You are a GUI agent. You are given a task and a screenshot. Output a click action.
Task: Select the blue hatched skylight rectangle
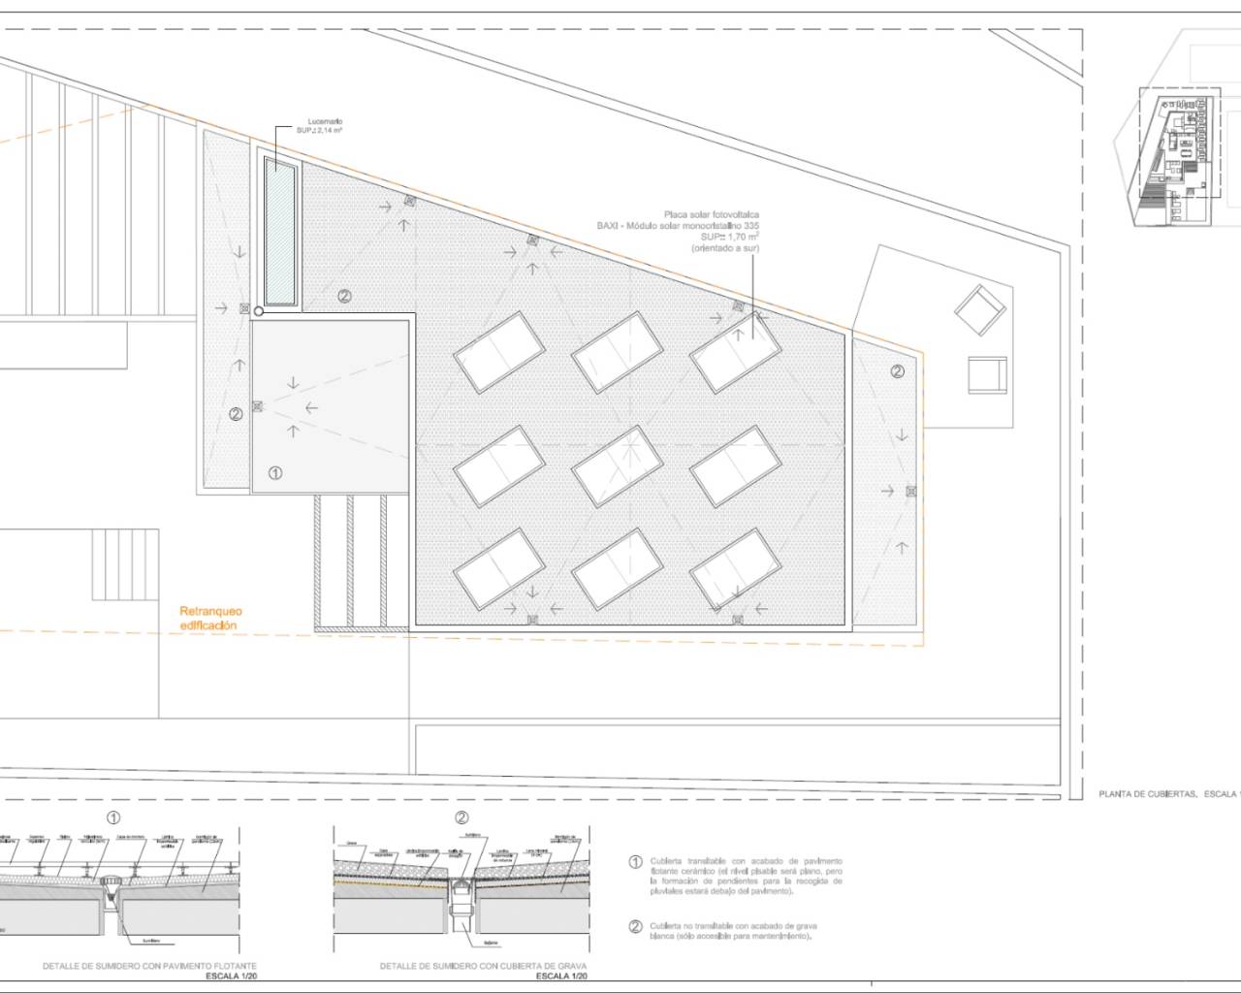coord(280,231)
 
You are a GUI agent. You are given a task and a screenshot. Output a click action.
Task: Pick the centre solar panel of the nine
coord(617,467)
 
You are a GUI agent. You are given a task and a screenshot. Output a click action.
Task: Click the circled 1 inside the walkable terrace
coord(275,473)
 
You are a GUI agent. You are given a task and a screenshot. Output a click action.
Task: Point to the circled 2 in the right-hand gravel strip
coord(897,370)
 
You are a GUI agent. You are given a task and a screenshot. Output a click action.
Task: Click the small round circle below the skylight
coord(258,311)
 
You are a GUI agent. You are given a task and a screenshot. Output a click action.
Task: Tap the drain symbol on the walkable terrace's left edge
coord(257,408)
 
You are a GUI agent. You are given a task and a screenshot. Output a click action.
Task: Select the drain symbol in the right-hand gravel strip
coord(910,492)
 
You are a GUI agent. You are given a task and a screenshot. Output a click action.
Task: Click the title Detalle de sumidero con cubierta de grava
coord(483,967)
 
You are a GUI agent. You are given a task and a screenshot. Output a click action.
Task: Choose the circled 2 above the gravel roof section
coord(461,817)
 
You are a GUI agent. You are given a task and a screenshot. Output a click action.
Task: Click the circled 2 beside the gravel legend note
coord(636,926)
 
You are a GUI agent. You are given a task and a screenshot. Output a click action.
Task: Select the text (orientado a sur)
coord(724,249)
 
